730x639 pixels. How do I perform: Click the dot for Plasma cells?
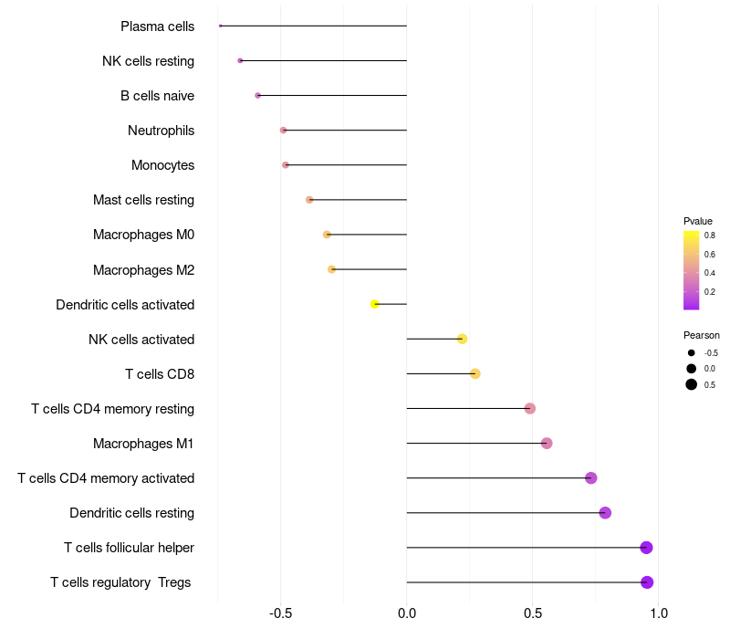pyautogui.click(x=221, y=26)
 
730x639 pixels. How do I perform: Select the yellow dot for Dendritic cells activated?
pyautogui.click(x=374, y=304)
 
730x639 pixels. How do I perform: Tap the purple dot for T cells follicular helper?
pyautogui.click(x=646, y=548)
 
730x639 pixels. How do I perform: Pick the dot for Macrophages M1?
pyautogui.click(x=547, y=444)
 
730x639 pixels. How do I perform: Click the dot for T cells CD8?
pyautogui.click(x=474, y=373)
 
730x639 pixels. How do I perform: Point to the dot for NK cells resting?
pyautogui.click(x=240, y=60)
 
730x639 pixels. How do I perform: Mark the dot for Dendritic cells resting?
pyautogui.click(x=605, y=513)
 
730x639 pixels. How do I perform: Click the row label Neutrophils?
pyautogui.click(x=161, y=131)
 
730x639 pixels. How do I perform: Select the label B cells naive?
pyautogui.click(x=157, y=96)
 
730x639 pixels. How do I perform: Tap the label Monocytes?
pyautogui.click(x=162, y=165)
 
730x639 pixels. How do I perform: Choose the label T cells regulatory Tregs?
pyautogui.click(x=120, y=582)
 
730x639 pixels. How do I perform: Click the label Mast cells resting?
pyautogui.click(x=143, y=200)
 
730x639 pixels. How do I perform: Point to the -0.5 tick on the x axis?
pyautogui.click(x=280, y=613)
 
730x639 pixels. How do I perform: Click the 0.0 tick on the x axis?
pyautogui.click(x=406, y=613)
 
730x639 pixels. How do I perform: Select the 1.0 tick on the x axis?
pyautogui.click(x=658, y=613)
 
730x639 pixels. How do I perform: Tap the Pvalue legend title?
pyautogui.click(x=698, y=221)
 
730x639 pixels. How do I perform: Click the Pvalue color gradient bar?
pyautogui.click(x=691, y=270)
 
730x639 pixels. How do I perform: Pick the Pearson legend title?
pyautogui.click(x=701, y=335)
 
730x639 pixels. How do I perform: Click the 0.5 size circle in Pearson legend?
pyautogui.click(x=692, y=384)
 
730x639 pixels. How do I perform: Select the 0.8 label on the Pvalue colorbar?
pyautogui.click(x=709, y=236)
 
